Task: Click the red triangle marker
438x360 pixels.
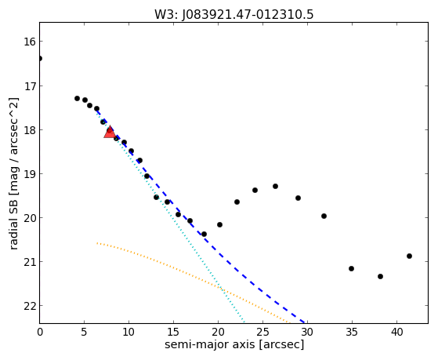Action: [110, 132]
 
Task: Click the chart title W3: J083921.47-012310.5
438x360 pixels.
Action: [233, 14]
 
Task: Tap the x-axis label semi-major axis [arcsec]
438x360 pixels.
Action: [234, 344]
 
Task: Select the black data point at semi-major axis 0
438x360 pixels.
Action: [40, 59]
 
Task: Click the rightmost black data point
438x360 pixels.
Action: [409, 256]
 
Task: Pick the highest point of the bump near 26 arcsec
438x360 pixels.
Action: [276, 187]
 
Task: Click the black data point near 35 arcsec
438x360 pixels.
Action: [351, 268]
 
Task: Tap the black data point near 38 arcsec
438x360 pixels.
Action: [380, 276]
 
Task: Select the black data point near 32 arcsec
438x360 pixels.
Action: [324, 216]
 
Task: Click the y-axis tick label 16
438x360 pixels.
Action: [30, 42]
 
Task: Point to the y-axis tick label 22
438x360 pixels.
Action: [30, 306]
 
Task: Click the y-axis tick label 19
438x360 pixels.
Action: [30, 174]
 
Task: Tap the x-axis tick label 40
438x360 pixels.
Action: [396, 333]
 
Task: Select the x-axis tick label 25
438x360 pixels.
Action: [262, 333]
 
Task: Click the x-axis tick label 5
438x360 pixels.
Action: [84, 333]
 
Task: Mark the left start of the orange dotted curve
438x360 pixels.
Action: [97, 243]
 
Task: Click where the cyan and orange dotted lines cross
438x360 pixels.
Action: [221, 288]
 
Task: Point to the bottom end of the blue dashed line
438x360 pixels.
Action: [304, 322]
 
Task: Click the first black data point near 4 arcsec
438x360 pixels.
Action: [77, 99]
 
